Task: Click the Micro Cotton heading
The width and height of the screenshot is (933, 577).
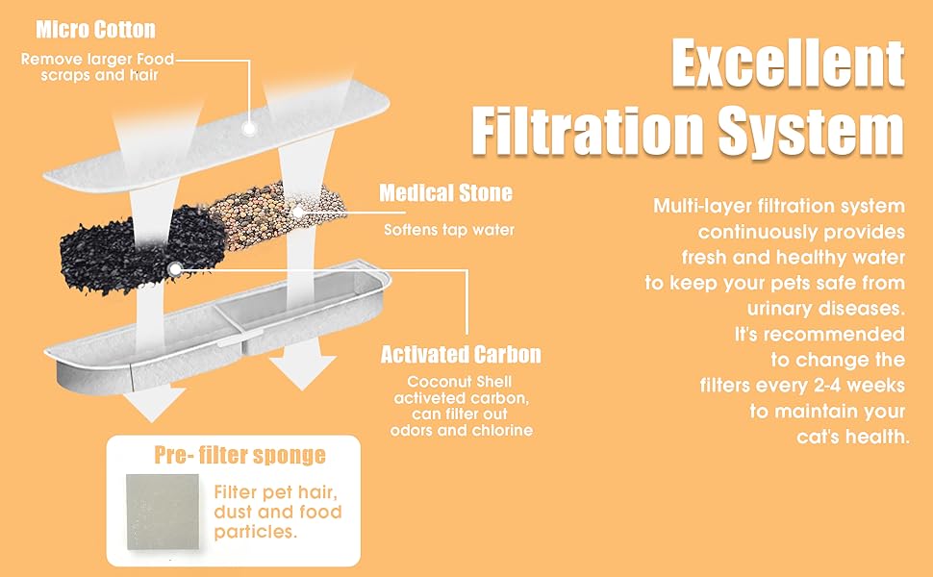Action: (96, 29)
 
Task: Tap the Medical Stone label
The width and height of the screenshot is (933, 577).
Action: (445, 192)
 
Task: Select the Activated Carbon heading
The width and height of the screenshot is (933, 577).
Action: (461, 355)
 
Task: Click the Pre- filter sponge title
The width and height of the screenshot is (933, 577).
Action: (240, 455)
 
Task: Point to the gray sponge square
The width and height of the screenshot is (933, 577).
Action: (163, 512)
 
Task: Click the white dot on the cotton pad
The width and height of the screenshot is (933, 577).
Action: (249, 128)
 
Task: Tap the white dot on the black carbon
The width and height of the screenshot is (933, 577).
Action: (174, 269)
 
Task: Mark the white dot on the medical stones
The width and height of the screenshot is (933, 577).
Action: (297, 212)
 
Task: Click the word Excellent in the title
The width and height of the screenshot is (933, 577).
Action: (789, 63)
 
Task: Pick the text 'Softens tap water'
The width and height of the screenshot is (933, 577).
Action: (449, 230)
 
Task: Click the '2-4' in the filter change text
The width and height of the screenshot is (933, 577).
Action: (820, 386)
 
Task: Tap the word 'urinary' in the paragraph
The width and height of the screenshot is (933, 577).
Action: (782, 309)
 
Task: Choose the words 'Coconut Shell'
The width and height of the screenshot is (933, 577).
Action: (460, 381)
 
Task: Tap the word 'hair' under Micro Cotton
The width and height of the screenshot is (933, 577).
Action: (143, 75)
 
